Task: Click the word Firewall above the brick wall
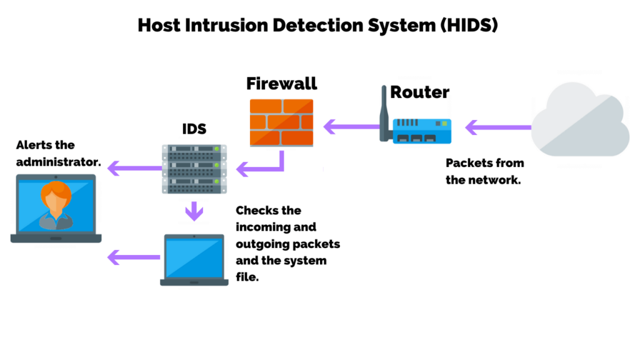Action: pos(281,84)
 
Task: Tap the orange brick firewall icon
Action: pos(281,122)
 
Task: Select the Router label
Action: pos(419,92)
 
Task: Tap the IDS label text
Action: pos(194,129)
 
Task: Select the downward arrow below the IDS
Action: pos(194,211)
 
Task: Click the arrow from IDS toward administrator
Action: pos(134,167)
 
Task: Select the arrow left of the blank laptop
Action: pos(133,256)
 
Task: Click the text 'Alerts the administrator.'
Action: pos(57,154)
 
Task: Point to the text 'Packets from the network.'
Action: pos(484,172)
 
